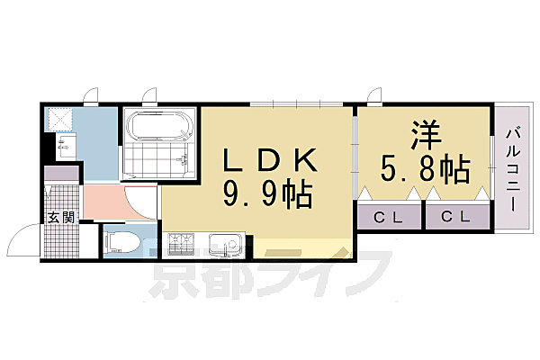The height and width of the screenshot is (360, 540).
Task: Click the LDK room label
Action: pos(270,161)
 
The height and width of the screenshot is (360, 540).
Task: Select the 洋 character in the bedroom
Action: pos(425,135)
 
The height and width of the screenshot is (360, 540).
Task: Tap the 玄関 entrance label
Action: pos(61,217)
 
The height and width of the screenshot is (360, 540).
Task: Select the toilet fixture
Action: pos(122,242)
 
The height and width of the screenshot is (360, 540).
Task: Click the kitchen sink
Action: pos(224,243)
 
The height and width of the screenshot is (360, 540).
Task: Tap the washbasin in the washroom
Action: pos(62,144)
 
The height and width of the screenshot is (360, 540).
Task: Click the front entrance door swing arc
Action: pos(20,241)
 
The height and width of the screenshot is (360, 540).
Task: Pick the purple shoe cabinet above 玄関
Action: pos(61,175)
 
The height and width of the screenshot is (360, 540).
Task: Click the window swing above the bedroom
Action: pos(373,96)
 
